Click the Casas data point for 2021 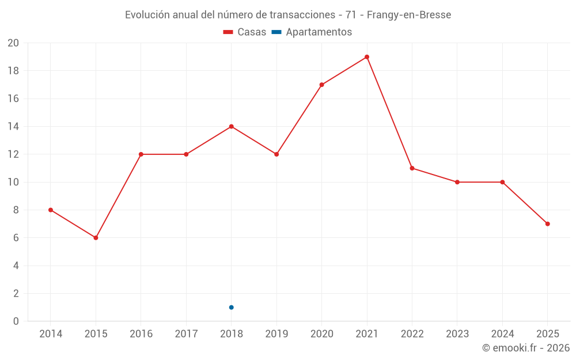click(x=367, y=57)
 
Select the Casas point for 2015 click(x=96, y=238)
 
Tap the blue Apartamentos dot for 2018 click(x=231, y=308)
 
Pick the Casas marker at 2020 click(x=321, y=85)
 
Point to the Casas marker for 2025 click(x=547, y=224)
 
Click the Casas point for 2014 click(x=51, y=210)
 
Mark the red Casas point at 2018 click(x=231, y=127)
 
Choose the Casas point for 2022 click(x=412, y=168)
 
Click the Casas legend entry click(x=245, y=32)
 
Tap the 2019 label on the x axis click(x=276, y=334)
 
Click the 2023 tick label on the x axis click(x=457, y=334)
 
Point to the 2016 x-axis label click(x=141, y=334)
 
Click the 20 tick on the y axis click(x=13, y=43)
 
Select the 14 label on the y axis click(x=13, y=127)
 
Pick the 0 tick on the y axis click(x=16, y=321)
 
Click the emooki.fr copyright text click(x=526, y=348)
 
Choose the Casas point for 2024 click(x=502, y=182)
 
